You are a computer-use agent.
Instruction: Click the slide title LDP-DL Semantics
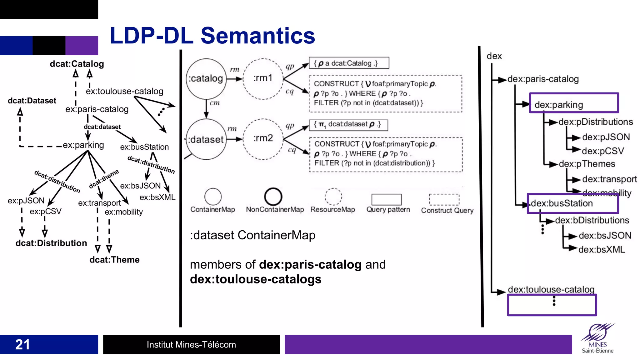tap(212, 36)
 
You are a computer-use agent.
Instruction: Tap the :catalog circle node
tap(206, 78)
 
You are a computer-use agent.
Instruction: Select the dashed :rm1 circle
tap(263, 78)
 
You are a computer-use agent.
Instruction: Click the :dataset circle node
tap(206, 139)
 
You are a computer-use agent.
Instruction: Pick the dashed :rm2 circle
tap(263, 138)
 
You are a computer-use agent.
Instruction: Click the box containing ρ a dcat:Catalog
tap(349, 63)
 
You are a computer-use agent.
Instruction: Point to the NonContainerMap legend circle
tap(273, 197)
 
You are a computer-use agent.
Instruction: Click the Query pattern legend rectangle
tap(386, 199)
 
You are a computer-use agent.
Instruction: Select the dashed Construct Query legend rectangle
tap(444, 199)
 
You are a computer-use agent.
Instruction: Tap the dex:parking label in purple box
tap(559, 105)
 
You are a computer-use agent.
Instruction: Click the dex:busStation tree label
tap(562, 203)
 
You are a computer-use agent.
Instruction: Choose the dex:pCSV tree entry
tap(602, 151)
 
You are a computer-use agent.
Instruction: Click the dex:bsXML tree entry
tap(601, 250)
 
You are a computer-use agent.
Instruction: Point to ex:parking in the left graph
tap(83, 145)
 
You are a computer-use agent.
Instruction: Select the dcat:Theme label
tap(114, 260)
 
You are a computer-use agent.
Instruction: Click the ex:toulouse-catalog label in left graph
tap(124, 91)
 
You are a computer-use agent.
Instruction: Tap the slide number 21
tap(22, 344)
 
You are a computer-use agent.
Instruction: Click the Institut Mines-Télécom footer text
tap(191, 344)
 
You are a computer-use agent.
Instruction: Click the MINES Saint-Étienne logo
tap(597, 339)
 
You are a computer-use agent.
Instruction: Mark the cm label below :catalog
tap(214, 103)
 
